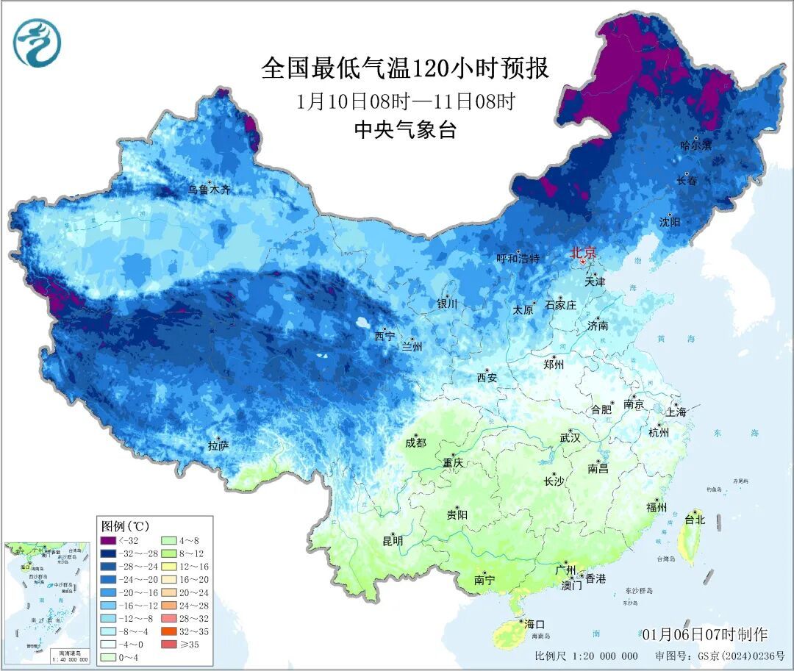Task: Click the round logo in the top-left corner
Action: pos(37,42)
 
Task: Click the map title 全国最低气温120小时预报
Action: pos(405,69)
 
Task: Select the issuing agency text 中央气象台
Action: pos(405,130)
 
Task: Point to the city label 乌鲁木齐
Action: pos(209,190)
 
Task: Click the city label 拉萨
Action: pos(218,445)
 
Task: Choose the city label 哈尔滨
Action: pos(695,146)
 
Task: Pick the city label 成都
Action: pos(415,442)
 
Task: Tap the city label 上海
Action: pos(676,412)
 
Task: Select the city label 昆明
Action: pos(393,541)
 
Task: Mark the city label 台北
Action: pos(695,520)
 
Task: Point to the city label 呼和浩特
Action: pos(518,258)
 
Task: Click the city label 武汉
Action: pos(570,438)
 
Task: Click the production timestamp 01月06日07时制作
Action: pos(704,634)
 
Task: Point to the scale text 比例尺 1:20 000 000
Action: pos(586,656)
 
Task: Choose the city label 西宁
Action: pos(384,336)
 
